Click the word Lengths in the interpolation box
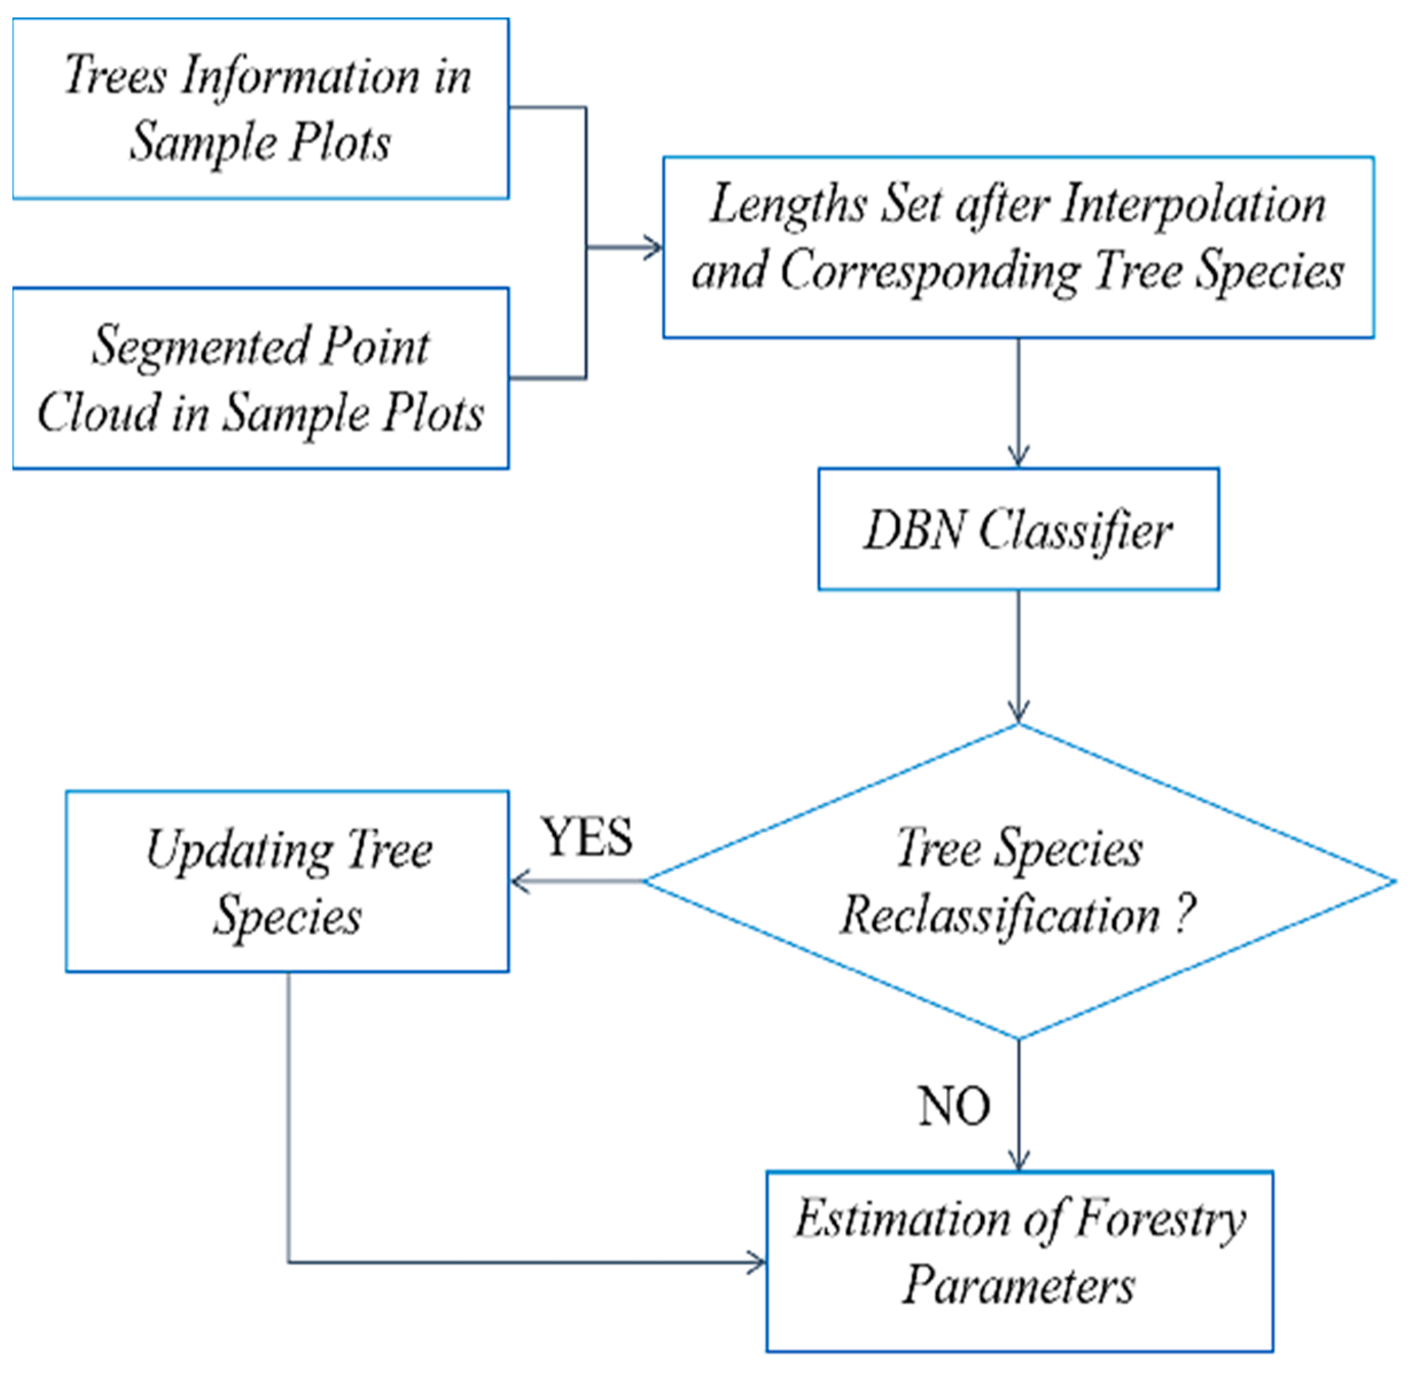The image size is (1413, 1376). [788, 205]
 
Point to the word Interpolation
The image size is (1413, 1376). [1193, 205]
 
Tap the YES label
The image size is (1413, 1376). [587, 838]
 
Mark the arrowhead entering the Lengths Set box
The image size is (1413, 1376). [654, 248]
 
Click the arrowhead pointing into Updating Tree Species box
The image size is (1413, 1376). [520, 882]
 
